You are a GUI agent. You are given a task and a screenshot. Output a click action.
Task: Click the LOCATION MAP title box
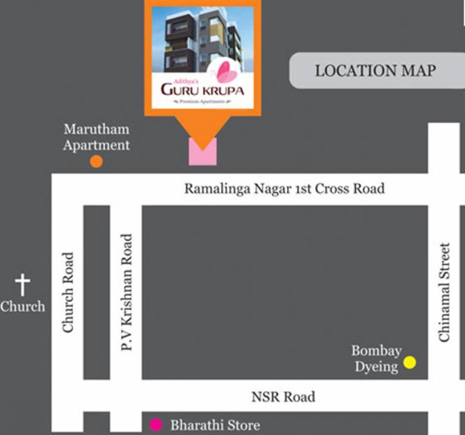coord(377,71)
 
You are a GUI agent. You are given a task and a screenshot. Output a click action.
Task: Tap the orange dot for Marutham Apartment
coord(97,161)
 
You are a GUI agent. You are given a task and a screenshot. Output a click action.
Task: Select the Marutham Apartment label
coord(97,138)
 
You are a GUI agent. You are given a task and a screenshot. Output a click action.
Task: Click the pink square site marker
coord(202,152)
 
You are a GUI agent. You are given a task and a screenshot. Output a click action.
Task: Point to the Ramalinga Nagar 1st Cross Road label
coord(285,189)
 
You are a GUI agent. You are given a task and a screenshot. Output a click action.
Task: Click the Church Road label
coord(68,293)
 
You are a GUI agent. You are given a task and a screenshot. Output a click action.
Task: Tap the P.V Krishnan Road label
coord(127,293)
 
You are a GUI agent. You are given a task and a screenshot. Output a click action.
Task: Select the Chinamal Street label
coord(444,293)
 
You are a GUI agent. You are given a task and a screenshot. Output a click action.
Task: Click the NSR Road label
coord(284,397)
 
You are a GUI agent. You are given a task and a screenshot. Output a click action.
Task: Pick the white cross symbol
coord(22,285)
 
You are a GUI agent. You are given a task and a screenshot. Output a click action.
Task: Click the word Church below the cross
coord(22,307)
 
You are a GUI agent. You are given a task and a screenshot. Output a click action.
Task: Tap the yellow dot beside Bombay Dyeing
coord(410,362)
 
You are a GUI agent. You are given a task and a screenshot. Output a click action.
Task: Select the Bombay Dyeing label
coord(377,359)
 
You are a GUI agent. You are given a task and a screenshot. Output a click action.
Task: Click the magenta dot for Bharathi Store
coord(156,424)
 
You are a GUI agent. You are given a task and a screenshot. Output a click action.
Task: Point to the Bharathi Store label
coord(215,425)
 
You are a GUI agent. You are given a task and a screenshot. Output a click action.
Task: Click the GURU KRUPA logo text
coord(202,90)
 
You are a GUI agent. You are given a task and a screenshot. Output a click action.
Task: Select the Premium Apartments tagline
coord(202,102)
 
